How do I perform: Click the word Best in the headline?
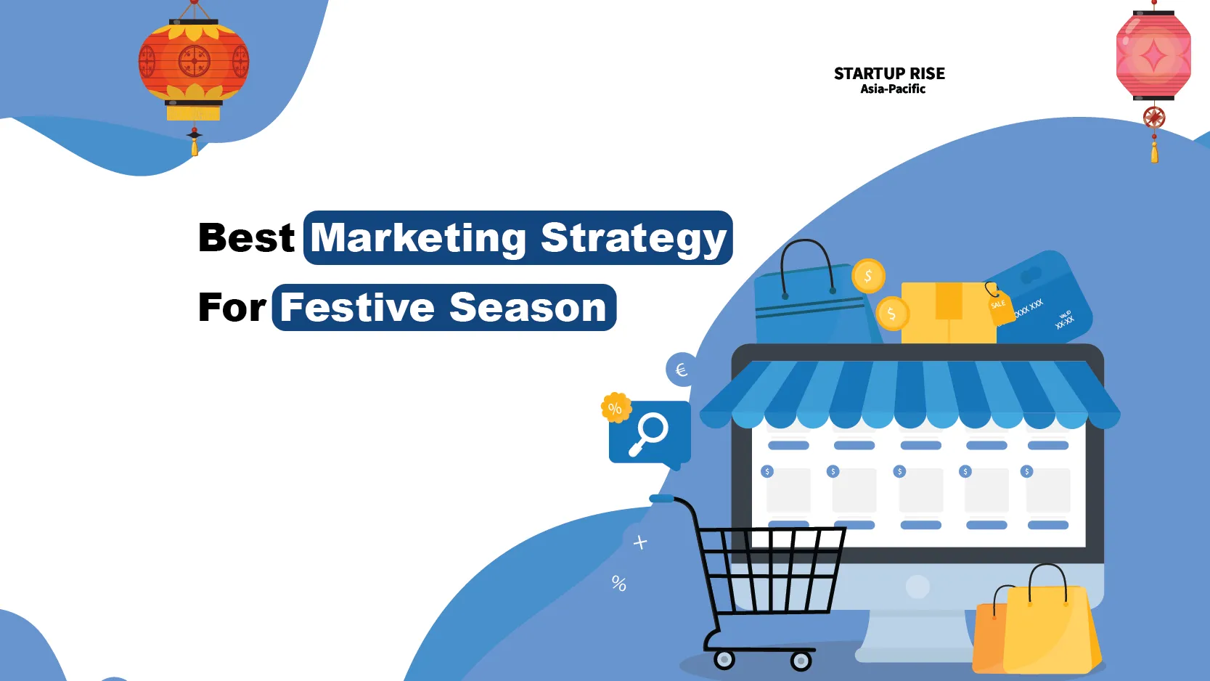point(246,238)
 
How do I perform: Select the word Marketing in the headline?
point(419,238)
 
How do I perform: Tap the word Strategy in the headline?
point(634,238)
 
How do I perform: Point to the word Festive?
point(358,307)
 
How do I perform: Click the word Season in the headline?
point(528,307)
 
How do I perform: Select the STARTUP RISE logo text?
point(889,73)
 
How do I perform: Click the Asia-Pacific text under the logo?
point(892,89)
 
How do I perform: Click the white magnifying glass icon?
point(649,433)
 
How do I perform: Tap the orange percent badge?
point(616,408)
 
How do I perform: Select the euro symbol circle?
point(681,370)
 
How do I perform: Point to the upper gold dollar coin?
point(868,276)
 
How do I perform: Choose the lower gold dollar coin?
point(892,314)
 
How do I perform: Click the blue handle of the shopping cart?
point(662,498)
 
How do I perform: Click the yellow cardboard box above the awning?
point(948,312)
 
